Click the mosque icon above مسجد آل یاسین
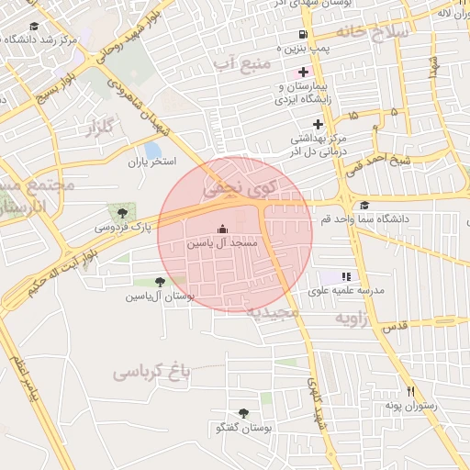(220, 229)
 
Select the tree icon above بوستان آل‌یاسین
(161, 282)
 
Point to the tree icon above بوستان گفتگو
(243, 413)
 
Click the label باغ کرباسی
(151, 371)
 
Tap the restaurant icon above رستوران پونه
(411, 390)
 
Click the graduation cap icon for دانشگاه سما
(365, 205)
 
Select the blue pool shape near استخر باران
(152, 150)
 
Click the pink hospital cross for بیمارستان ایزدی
(303, 72)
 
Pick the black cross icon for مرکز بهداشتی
(318, 124)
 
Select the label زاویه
(353, 319)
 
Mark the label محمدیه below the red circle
(273, 313)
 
